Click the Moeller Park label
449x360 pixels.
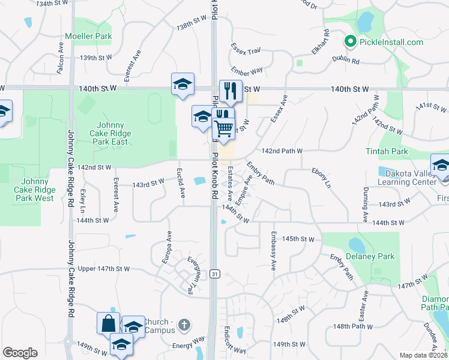89,36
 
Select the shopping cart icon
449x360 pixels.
223,127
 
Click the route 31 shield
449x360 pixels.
214,274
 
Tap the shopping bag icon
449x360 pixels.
108,323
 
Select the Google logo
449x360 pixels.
20,352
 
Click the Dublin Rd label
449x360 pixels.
347,61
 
